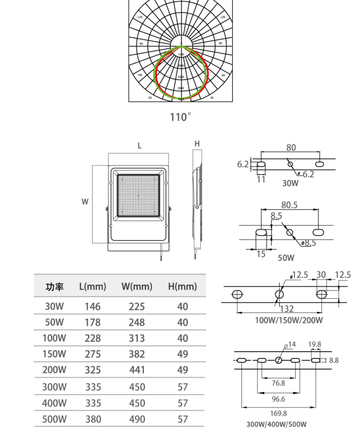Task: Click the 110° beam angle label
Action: pyautogui.click(x=180, y=117)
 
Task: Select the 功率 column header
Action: pyautogui.click(x=54, y=286)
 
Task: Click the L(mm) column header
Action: pyautogui.click(x=93, y=286)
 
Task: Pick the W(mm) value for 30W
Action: pyautogui.click(x=137, y=306)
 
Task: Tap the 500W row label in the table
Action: pyautogui.click(x=54, y=419)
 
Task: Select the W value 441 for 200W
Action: pyautogui.click(x=137, y=371)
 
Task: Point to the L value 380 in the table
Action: pyautogui.click(x=93, y=419)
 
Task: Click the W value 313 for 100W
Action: pyautogui.click(x=137, y=339)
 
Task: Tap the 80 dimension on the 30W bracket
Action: pyautogui.click(x=291, y=147)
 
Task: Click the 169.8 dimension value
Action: pyautogui.click(x=279, y=413)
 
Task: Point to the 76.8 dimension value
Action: pyautogui.click(x=279, y=383)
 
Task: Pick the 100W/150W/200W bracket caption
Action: pyautogui.click(x=289, y=320)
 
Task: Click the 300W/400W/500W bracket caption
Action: pyautogui.click(x=277, y=424)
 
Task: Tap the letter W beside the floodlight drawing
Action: pyautogui.click(x=85, y=202)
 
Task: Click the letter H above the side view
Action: pyautogui.click(x=197, y=144)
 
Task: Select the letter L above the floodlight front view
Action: pyautogui.click(x=139, y=146)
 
